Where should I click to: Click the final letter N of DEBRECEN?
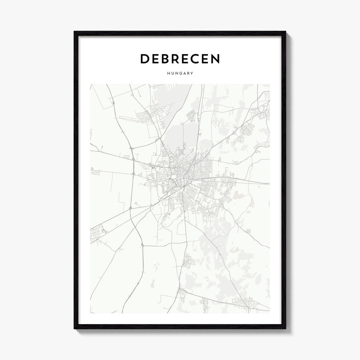point(215,59)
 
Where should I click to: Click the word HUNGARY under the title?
point(180,73)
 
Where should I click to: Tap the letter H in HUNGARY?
point(169,73)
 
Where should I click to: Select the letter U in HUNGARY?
point(173,73)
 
